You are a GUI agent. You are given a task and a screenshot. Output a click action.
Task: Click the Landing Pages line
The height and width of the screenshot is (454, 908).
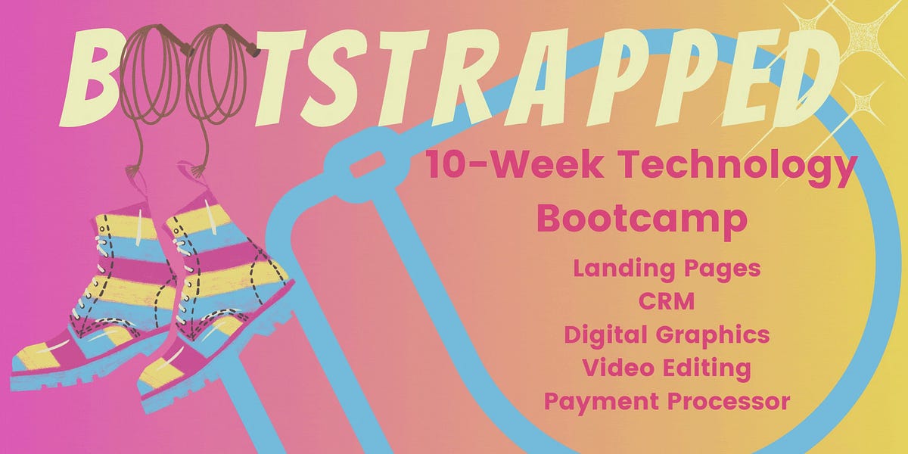click(x=667, y=269)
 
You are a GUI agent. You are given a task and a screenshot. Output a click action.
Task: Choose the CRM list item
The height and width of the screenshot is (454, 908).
click(x=667, y=302)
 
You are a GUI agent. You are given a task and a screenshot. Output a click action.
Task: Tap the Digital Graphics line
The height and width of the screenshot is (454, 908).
click(x=667, y=334)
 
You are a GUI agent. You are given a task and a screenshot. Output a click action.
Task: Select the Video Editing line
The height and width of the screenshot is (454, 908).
click(x=667, y=368)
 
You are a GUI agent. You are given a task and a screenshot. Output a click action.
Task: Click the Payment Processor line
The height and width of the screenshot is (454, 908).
click(x=667, y=401)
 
